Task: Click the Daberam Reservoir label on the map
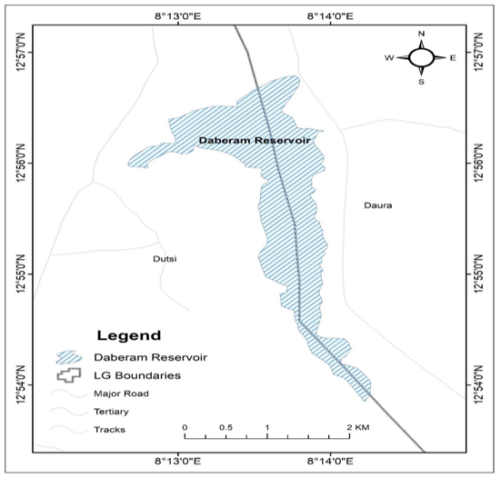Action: (x=255, y=142)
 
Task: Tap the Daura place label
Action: (x=377, y=205)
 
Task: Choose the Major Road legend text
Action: (x=120, y=393)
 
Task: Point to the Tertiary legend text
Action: (x=110, y=411)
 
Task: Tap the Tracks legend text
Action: (x=108, y=429)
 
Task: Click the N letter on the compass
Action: (x=421, y=34)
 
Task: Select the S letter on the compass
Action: (x=421, y=82)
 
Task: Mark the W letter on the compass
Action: (x=389, y=58)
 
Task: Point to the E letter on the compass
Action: (x=453, y=58)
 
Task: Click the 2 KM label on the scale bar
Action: (x=356, y=426)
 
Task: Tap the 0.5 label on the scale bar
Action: (x=225, y=426)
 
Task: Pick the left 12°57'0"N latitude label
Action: (x=18, y=52)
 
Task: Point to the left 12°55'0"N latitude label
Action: (x=18, y=274)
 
